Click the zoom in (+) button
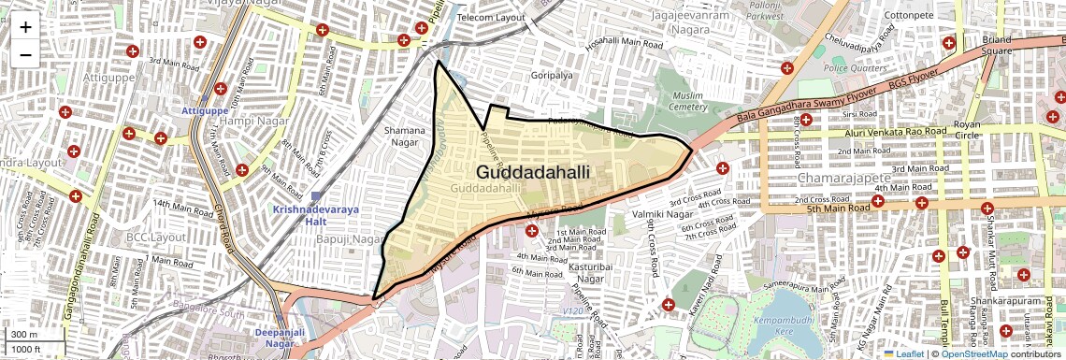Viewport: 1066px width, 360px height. (x=25, y=27)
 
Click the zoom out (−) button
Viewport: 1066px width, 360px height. (x=25, y=54)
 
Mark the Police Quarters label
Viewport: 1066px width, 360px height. (x=847, y=68)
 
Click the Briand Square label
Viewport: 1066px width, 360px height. (x=998, y=45)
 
